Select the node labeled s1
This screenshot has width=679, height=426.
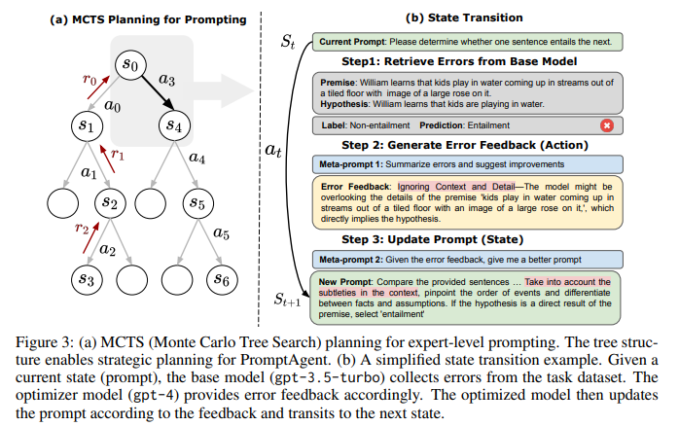(x=85, y=125)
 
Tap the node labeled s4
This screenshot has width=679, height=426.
(x=173, y=125)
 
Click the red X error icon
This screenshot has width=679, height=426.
(x=607, y=125)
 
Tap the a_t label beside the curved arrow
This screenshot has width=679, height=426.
(x=274, y=150)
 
